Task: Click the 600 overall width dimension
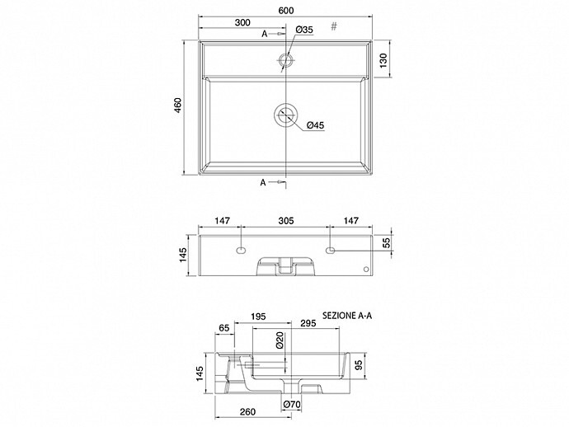[x=286, y=10]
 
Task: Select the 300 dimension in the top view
[x=242, y=22]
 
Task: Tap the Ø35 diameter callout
[x=304, y=30]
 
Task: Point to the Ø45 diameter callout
[x=315, y=125]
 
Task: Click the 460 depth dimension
[x=178, y=106]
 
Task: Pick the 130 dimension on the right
[x=383, y=60]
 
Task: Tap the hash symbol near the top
[x=334, y=26]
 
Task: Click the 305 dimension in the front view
[x=286, y=221]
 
